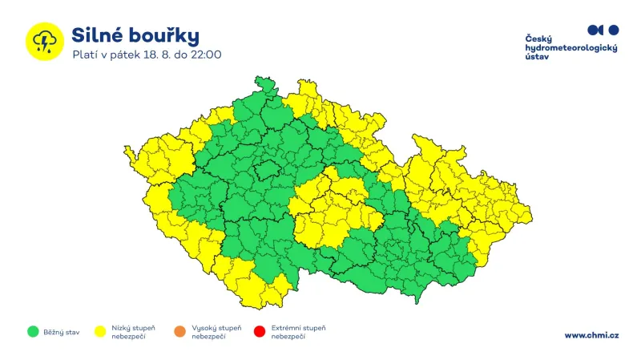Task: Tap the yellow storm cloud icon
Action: (x=43, y=40)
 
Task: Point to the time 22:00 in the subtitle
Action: (x=205, y=55)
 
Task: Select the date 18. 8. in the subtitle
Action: (x=155, y=55)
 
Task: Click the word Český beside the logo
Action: (x=538, y=39)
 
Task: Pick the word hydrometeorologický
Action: (x=570, y=49)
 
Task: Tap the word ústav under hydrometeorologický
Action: (x=537, y=59)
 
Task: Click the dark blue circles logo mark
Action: (x=603, y=30)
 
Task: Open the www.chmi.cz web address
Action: (x=591, y=335)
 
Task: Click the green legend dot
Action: (x=33, y=330)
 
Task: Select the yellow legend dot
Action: (x=100, y=330)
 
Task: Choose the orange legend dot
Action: (x=179, y=330)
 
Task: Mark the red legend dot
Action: (x=259, y=330)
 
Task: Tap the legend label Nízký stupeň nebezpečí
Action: (x=134, y=331)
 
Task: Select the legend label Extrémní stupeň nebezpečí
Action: (x=298, y=331)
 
